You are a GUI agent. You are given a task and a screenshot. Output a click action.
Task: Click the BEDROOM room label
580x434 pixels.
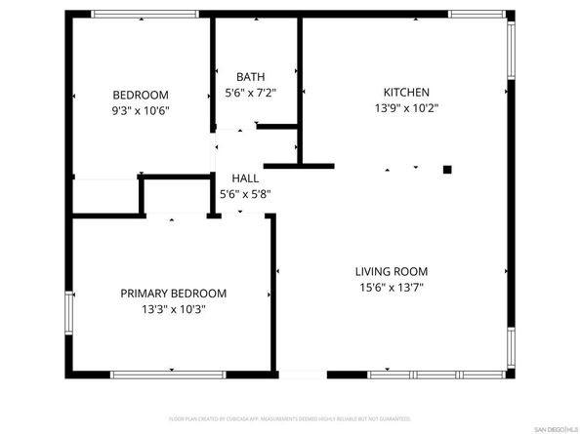141,95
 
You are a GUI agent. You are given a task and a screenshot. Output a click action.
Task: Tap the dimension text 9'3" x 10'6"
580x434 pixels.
141,110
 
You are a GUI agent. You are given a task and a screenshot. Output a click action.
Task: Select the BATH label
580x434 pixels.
250,76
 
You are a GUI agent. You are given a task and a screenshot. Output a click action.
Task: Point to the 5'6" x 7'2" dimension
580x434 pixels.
250,92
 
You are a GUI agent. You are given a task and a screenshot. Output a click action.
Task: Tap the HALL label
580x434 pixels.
245,178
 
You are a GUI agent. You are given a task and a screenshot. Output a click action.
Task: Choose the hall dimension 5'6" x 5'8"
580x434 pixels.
245,194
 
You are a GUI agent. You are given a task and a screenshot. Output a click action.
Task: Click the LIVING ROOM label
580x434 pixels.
392,271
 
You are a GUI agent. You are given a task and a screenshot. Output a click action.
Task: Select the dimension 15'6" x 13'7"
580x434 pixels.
392,287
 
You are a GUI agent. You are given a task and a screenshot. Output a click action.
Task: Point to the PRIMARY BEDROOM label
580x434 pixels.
173,293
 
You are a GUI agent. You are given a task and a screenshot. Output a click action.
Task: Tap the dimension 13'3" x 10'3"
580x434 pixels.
173,308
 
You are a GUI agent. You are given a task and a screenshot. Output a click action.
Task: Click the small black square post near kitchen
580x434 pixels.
447,170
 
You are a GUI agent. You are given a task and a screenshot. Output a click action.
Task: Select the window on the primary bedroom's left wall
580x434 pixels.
68,314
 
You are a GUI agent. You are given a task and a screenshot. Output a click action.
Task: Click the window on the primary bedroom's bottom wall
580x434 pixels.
167,374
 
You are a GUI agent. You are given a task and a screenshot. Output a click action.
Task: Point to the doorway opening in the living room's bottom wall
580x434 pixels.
302,374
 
